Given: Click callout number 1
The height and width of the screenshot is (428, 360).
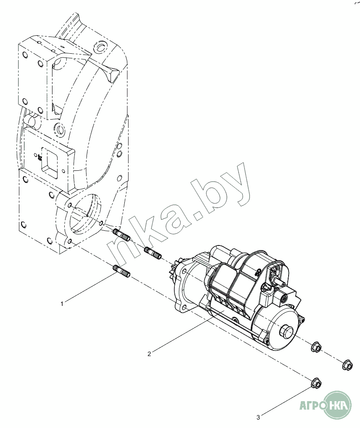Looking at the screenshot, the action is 62,303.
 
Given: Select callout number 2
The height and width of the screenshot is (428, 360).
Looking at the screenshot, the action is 149,354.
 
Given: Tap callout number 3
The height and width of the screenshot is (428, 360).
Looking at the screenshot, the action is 258,418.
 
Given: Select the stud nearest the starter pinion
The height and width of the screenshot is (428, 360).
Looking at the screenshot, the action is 153,253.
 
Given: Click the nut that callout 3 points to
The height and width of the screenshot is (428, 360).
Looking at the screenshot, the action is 316,383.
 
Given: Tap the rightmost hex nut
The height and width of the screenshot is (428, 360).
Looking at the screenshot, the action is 347,365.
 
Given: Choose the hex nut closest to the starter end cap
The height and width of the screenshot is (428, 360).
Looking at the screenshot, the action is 316,346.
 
